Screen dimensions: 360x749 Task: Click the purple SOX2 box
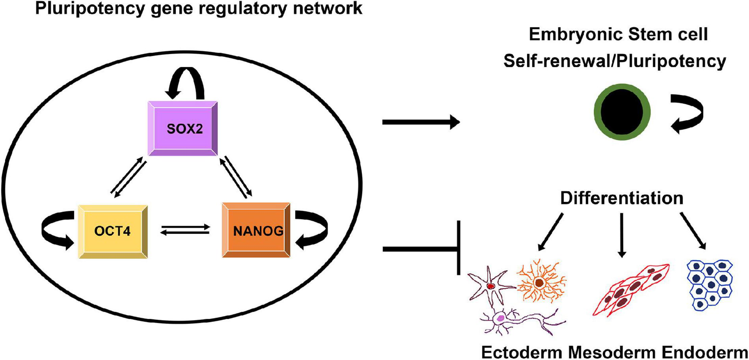(183, 128)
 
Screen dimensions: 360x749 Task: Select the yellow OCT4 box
(113, 232)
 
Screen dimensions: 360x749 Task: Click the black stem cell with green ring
(622, 112)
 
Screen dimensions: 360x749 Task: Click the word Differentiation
(622, 198)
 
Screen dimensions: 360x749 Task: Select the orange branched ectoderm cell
(540, 282)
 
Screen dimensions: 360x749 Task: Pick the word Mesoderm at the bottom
(611, 353)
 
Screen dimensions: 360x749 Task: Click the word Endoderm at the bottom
(704, 353)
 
